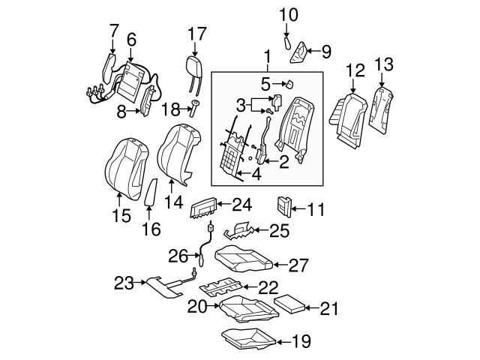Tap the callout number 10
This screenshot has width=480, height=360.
pos(289,13)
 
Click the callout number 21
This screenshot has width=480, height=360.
pos(331,307)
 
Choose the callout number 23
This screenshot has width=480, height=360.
pos(123,283)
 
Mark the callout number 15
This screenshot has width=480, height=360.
pos(121,216)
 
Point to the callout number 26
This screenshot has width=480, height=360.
pos(178,256)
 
